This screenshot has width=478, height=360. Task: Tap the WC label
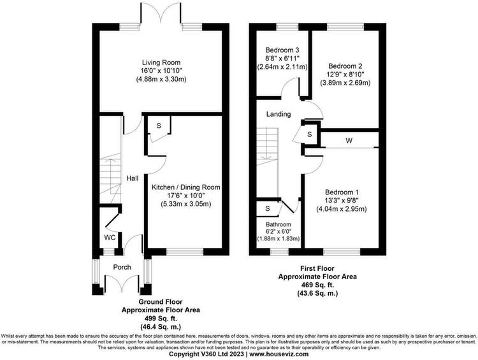[x=110, y=238]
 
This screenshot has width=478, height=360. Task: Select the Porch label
[x=122, y=268]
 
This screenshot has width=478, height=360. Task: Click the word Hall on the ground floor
[x=133, y=178]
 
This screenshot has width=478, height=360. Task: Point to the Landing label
[x=279, y=114]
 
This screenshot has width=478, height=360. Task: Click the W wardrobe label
[x=349, y=141]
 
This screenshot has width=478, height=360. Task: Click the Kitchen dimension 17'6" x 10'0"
[x=185, y=196]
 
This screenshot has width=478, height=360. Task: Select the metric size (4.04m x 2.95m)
[x=342, y=209]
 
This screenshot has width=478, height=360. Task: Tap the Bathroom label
[x=278, y=224]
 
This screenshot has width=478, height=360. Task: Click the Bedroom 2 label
[x=345, y=66]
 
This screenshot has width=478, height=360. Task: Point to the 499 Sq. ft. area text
[x=161, y=318]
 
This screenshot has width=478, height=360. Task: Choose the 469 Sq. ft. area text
[x=317, y=285]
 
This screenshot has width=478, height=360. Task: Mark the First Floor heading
[x=317, y=268]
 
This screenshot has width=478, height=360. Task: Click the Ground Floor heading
[x=161, y=302]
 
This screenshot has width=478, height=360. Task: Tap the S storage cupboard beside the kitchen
[x=159, y=126]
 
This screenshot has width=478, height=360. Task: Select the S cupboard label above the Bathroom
[x=268, y=208]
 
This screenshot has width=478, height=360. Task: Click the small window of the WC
[x=108, y=252]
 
